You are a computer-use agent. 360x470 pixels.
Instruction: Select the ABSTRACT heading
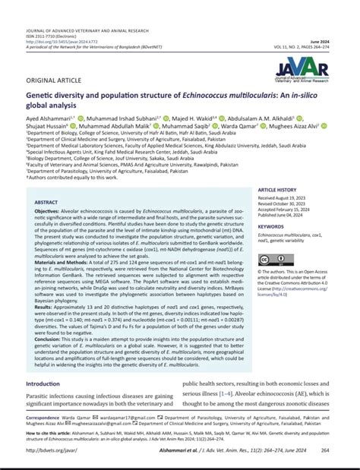49,203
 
